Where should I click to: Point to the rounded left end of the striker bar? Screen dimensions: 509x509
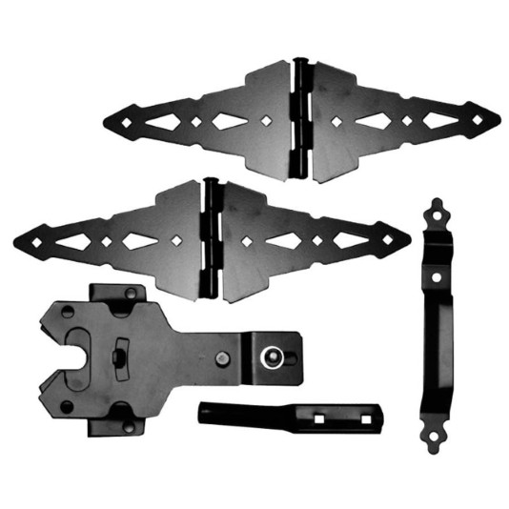coord(201,412)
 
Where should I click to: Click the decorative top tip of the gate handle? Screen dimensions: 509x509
coord(437,204)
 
